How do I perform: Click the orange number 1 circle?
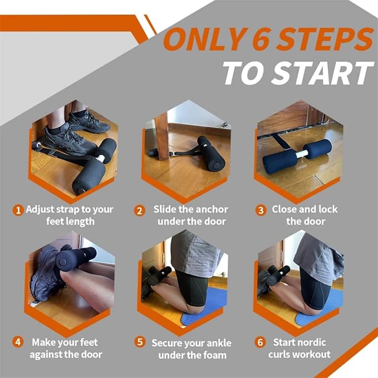point(18,210)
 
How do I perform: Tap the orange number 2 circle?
point(140,210)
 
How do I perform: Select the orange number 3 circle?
point(261,210)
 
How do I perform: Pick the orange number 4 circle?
point(18,342)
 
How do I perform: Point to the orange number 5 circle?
point(140,342)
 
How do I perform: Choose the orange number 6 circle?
point(261,342)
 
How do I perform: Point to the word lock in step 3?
point(328,209)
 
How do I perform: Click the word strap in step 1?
point(65,210)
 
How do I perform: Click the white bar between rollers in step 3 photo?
point(302,154)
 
